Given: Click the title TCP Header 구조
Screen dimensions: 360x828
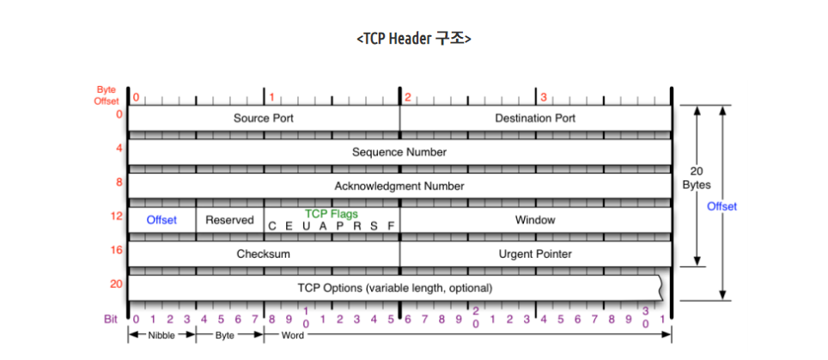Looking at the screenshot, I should coord(414,39).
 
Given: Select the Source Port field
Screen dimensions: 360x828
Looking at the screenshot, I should coord(264,118).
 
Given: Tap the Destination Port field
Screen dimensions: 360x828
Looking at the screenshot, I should coord(535,118).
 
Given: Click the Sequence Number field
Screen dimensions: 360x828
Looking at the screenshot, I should coord(399,152).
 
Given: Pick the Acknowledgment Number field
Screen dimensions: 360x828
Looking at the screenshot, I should coord(399,186).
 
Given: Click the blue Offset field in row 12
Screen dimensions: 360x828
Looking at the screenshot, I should coord(161,220).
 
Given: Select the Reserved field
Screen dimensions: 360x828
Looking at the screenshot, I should coord(229,220).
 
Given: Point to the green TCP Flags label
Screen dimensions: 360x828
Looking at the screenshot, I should coord(331,214).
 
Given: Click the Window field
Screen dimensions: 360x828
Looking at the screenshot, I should coord(535,220).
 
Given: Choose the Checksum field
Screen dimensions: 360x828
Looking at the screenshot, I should coord(264,254).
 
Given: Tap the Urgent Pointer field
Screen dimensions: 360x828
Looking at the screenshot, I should coord(535,254).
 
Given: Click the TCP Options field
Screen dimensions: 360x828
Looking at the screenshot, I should coord(395,288).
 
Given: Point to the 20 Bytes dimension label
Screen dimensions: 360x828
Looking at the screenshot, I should coord(697,178).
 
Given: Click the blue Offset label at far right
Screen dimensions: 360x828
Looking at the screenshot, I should coord(721,206).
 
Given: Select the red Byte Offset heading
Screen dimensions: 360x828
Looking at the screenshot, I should coord(107,95).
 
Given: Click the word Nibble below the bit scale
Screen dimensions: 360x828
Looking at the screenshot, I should coord(161,335).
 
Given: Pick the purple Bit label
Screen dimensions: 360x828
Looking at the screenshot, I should coord(110,319).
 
